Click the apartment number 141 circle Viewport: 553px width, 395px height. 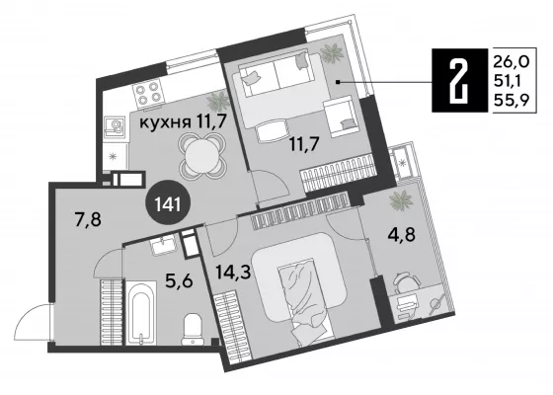[168, 202]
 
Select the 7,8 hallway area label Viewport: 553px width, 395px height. [88, 219]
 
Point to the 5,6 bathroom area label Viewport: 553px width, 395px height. [179, 280]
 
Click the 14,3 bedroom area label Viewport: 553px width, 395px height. [233, 272]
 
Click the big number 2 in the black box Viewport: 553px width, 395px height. [459, 81]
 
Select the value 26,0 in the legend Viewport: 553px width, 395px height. [512, 62]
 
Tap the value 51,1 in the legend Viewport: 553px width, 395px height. [509, 82]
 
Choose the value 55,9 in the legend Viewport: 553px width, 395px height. [512, 100]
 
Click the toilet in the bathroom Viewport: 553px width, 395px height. [193, 329]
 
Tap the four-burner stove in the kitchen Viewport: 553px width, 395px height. [147, 93]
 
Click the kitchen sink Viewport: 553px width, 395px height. [115, 126]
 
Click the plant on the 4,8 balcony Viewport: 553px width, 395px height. [401, 200]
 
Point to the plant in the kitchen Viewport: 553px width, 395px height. [218, 100]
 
